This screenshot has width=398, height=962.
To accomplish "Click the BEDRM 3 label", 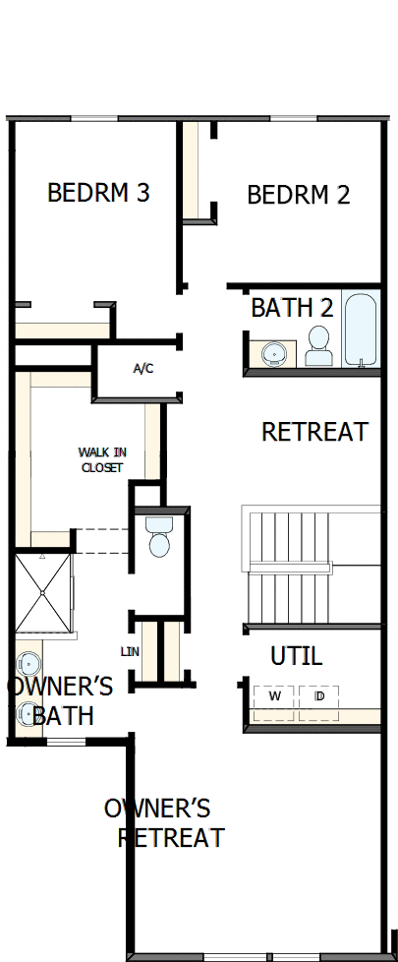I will tap(98, 192).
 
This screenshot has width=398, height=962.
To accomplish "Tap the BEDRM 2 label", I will tap(298, 195).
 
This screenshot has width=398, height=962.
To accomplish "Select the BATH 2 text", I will tap(292, 308).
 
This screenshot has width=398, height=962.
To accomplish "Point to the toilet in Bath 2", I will tap(318, 345).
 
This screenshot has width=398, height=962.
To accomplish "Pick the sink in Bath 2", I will tap(274, 352).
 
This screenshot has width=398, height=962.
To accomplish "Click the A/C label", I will tap(143, 369).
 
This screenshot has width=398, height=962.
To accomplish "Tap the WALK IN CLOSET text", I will tap(102, 459).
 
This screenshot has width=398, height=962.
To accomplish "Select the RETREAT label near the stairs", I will tap(314, 432).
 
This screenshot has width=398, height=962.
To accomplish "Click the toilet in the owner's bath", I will tap(158, 538).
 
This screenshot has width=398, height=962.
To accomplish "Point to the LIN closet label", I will tap(130, 651).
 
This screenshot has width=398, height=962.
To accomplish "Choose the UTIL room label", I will tap(296, 656).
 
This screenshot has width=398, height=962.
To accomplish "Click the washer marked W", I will tap(275, 696).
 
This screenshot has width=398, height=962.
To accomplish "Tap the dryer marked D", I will tap(318, 696).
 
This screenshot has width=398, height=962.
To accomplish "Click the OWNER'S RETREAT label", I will tap(163, 823).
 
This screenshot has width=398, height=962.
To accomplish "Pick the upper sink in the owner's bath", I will tap(27, 662).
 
